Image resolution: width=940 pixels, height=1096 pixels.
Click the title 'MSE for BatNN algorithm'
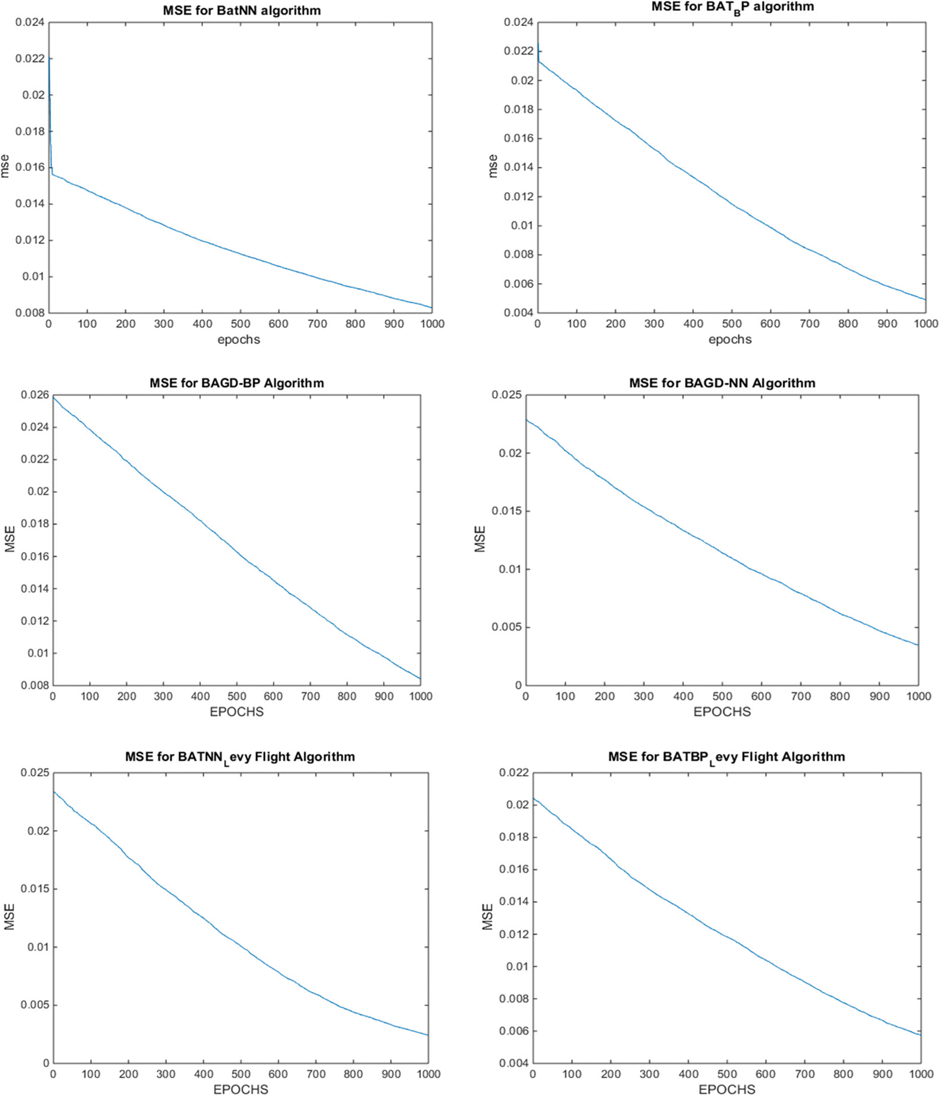[x=241, y=11]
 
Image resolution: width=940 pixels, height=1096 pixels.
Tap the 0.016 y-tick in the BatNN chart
[x=30, y=168]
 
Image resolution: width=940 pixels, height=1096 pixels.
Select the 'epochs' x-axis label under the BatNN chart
[x=239, y=340]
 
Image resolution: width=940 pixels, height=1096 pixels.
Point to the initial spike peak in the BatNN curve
[x=49, y=58]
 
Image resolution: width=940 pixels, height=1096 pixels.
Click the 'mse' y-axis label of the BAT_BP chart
[x=492, y=166]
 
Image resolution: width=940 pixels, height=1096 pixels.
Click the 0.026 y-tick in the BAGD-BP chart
[x=34, y=395]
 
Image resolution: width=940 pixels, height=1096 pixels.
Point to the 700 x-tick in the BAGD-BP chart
[x=311, y=696]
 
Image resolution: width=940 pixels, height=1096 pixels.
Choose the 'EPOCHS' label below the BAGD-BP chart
[x=236, y=712]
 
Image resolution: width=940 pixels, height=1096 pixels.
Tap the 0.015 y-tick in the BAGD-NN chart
[x=506, y=511]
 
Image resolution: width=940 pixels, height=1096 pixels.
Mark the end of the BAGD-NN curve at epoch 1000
[x=918, y=645]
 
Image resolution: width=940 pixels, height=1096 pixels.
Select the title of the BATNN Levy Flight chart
[x=240, y=757]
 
